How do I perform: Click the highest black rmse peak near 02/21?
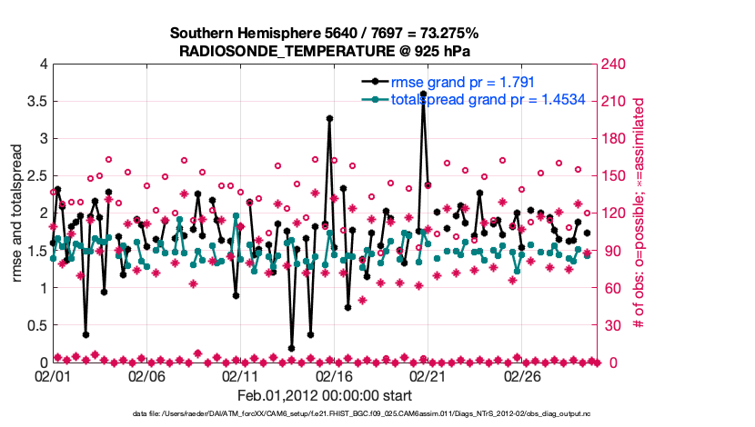coord(423,94)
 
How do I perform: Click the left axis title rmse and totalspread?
coord(16,213)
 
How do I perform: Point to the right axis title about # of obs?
coord(639,213)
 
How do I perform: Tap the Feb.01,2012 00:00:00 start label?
coord(325,395)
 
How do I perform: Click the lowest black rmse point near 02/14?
coord(292,348)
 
